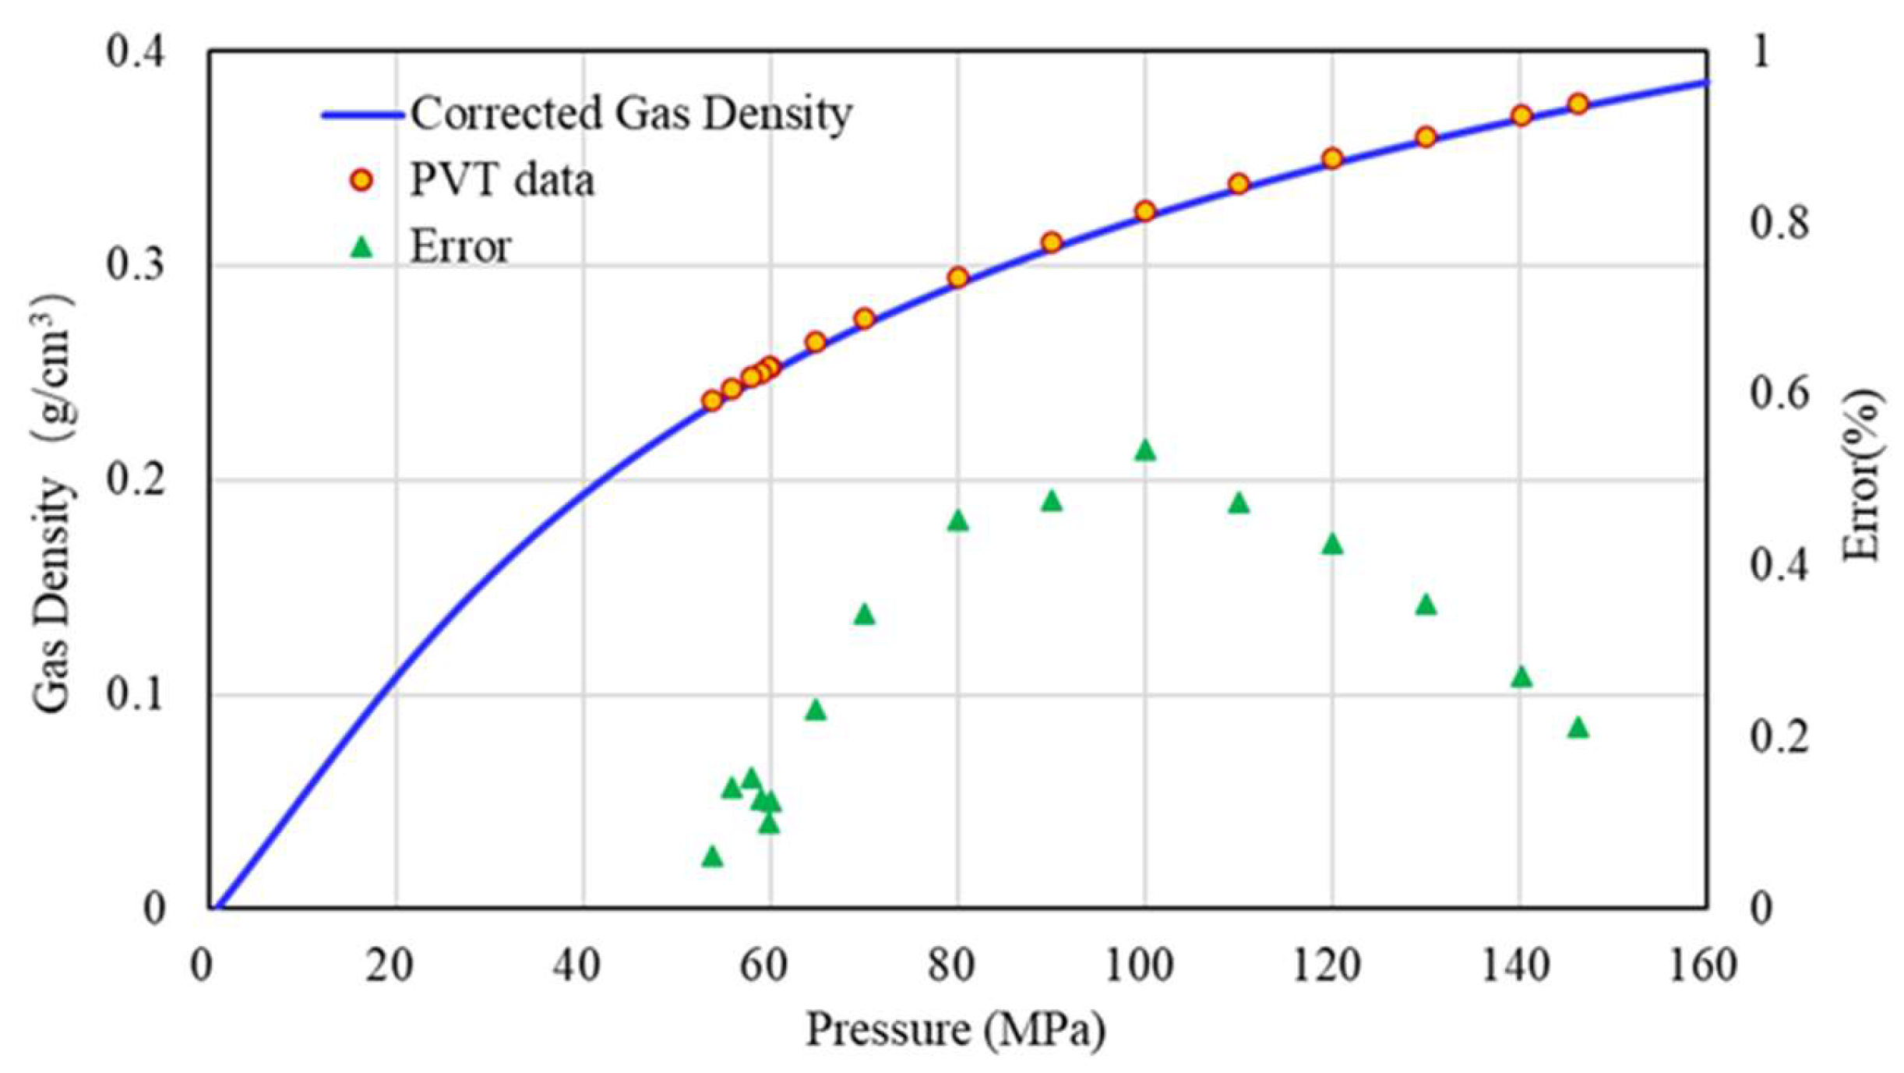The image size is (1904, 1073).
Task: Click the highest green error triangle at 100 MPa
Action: pos(1144,450)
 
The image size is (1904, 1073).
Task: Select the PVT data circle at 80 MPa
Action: pos(957,277)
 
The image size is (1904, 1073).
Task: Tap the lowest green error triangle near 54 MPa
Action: pos(712,857)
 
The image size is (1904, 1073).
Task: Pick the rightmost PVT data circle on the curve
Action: pos(1578,104)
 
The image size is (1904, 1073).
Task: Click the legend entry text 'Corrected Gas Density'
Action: pos(631,114)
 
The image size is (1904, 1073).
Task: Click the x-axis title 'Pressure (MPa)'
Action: pos(955,1029)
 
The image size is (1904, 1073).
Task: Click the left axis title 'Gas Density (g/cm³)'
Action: pos(53,503)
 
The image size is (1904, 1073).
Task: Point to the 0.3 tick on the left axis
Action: pos(136,265)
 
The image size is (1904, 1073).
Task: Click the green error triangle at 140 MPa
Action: pos(1521,677)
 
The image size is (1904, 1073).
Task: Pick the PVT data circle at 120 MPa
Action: pos(1332,158)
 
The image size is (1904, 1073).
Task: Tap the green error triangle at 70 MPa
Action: pos(864,615)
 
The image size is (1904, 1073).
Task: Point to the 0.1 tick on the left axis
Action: pos(136,694)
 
